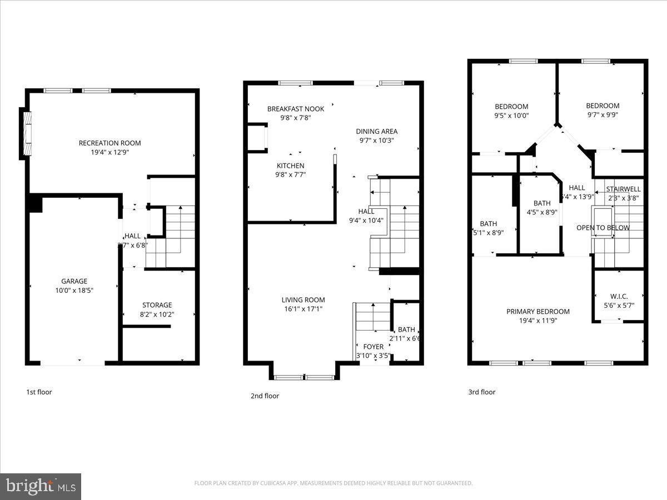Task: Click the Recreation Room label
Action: pyautogui.click(x=109, y=143)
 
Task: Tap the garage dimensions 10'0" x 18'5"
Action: pyautogui.click(x=74, y=290)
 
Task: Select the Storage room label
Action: pyautogui.click(x=157, y=305)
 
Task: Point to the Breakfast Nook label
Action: pyautogui.click(x=295, y=109)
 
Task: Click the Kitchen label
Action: pyautogui.click(x=291, y=166)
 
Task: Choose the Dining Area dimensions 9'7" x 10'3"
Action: pyautogui.click(x=376, y=141)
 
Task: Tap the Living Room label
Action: pyautogui.click(x=303, y=300)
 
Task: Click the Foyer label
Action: pyautogui.click(x=373, y=347)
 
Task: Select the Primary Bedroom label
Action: pyautogui.click(x=537, y=312)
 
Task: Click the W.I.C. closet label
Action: pyautogui.click(x=619, y=297)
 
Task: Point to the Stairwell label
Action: pyautogui.click(x=623, y=189)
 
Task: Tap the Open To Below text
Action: pyautogui.click(x=603, y=228)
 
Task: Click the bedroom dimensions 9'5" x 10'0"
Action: pyautogui.click(x=511, y=116)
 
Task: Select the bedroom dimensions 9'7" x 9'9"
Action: pyautogui.click(x=603, y=115)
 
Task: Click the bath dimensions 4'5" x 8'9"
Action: pyautogui.click(x=541, y=212)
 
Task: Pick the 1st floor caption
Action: pyautogui.click(x=39, y=392)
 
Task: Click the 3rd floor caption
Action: pyautogui.click(x=481, y=392)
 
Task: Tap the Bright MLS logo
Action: pyautogui.click(x=40, y=486)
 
